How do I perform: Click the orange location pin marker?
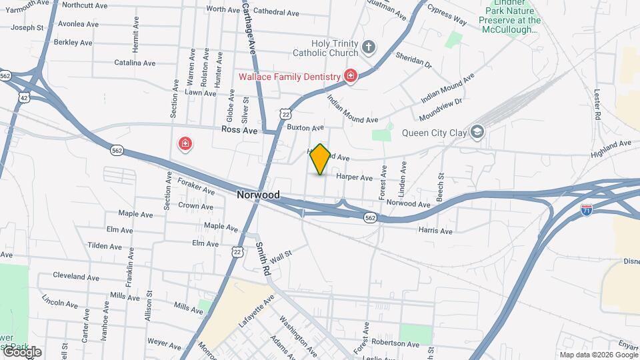pyautogui.click(x=321, y=159)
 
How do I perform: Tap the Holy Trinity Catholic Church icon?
pyautogui.click(x=369, y=47)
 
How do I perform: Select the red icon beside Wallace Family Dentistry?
pyautogui.click(x=350, y=76)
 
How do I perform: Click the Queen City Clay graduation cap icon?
pyautogui.click(x=477, y=132)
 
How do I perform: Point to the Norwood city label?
pyautogui.click(x=258, y=195)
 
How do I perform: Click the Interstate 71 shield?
pyautogui.click(x=587, y=210)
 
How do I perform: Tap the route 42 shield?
pyautogui.click(x=24, y=97)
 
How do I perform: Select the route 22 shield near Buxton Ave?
pyautogui.click(x=285, y=114)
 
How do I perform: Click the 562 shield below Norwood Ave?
pyautogui.click(x=371, y=218)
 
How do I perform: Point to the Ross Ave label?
pyautogui.click(x=239, y=131)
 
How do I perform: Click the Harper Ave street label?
pyautogui.click(x=354, y=177)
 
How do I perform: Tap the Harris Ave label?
pyautogui.click(x=435, y=231)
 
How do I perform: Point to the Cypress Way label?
pyautogui.click(x=447, y=17)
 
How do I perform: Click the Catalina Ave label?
pyautogui.click(x=135, y=63)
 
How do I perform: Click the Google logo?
pyautogui.click(x=21, y=352)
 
